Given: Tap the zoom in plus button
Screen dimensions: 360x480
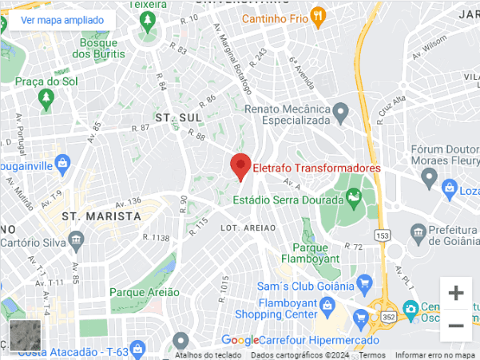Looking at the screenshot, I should coord(456,293).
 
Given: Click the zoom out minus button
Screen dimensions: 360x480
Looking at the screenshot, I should coord(456,325).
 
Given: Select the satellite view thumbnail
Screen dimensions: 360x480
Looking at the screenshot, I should coord(25,335).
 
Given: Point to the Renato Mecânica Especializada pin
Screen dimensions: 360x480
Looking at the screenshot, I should coord(341,109).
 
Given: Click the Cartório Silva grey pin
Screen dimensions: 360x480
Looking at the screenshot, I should coord(76,238).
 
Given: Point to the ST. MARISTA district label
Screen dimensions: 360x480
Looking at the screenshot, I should coord(101,216).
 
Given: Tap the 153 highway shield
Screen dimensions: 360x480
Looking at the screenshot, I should coord(383,235).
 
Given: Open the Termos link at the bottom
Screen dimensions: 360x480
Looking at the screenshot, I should coord(372,355).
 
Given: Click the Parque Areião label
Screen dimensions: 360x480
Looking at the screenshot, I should coord(145,292).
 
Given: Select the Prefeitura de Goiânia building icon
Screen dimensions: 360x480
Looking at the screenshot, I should coord(417,233).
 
